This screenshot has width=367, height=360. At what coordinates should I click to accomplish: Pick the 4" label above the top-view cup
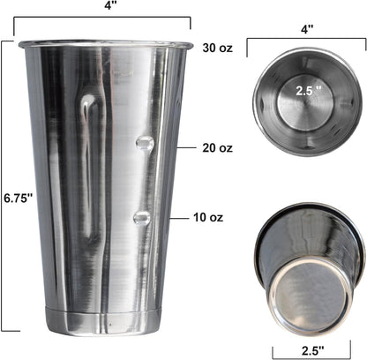coord(306,28)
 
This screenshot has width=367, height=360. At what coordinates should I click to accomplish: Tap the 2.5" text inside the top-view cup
coord(302,89)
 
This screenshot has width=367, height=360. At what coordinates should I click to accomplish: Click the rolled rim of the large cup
coord(105,42)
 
